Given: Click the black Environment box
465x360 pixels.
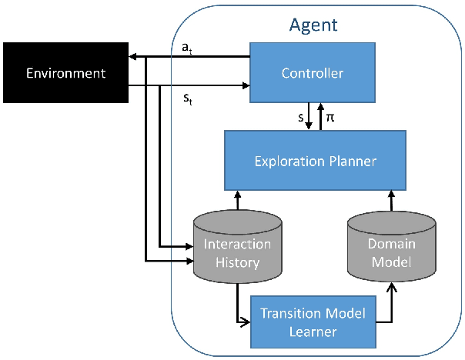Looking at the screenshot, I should [65, 74].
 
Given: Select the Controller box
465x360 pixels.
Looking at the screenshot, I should [313, 74].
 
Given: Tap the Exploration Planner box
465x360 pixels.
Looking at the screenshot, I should [315, 160].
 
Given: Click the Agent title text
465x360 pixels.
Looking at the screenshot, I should [313, 24].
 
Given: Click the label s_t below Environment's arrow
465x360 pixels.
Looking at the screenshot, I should [185, 99].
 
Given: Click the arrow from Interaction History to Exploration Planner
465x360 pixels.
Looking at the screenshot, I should [237, 198].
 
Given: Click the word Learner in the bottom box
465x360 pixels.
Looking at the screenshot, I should [312, 331].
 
